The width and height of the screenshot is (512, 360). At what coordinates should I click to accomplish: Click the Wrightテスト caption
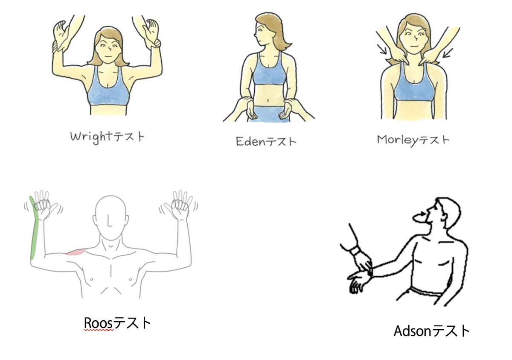107,137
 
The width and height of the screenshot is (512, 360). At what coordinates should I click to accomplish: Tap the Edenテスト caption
266,141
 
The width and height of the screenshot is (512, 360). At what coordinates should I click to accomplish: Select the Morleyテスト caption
413,140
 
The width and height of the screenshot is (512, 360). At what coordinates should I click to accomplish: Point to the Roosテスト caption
117,323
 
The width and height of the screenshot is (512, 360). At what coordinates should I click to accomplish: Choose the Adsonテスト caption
431,331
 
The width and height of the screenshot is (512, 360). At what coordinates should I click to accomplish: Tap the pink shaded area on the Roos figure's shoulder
76,252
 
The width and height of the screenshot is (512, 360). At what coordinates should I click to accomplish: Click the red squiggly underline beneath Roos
99,330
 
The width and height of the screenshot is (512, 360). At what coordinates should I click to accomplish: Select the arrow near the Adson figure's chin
421,215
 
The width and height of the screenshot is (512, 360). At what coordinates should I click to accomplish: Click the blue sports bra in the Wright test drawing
108,89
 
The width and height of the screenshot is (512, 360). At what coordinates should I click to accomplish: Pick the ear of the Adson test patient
443,217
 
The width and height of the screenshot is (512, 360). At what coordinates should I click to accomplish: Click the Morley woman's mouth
414,46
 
